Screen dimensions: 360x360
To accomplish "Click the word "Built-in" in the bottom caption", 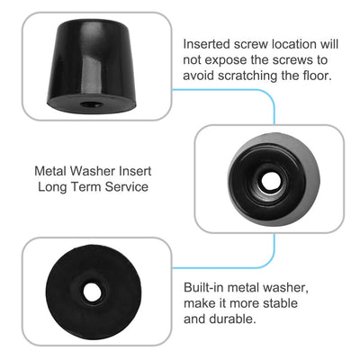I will pos(205,286).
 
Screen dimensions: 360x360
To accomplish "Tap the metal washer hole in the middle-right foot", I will pos(268,180).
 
